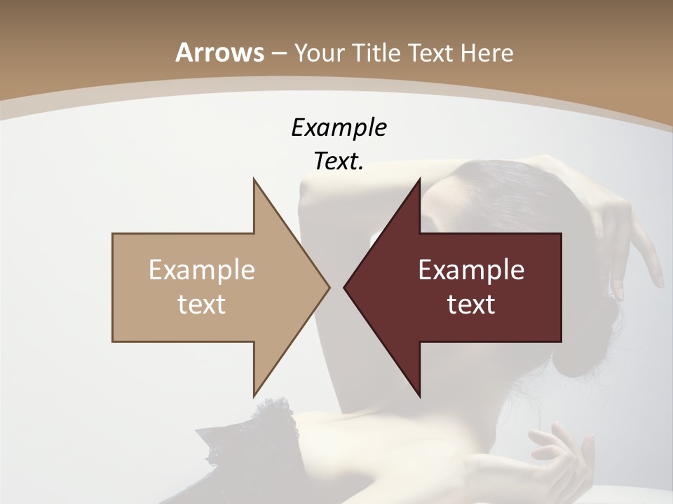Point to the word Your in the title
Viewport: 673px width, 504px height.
point(319,52)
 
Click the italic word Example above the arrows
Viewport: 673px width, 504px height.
point(339,127)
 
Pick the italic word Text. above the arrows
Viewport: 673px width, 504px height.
point(339,161)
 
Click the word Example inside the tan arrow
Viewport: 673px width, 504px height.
point(202,270)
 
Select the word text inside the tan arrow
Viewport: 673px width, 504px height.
point(202,304)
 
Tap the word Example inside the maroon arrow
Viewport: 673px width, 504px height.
point(471,270)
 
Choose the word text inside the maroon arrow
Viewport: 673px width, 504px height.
point(471,304)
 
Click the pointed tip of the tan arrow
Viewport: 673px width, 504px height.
point(328,287)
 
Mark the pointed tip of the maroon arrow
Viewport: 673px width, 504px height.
point(346,287)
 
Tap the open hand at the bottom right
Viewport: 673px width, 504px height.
point(561,455)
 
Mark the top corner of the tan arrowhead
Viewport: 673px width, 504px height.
point(254,180)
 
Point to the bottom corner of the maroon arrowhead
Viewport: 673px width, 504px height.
point(419,395)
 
